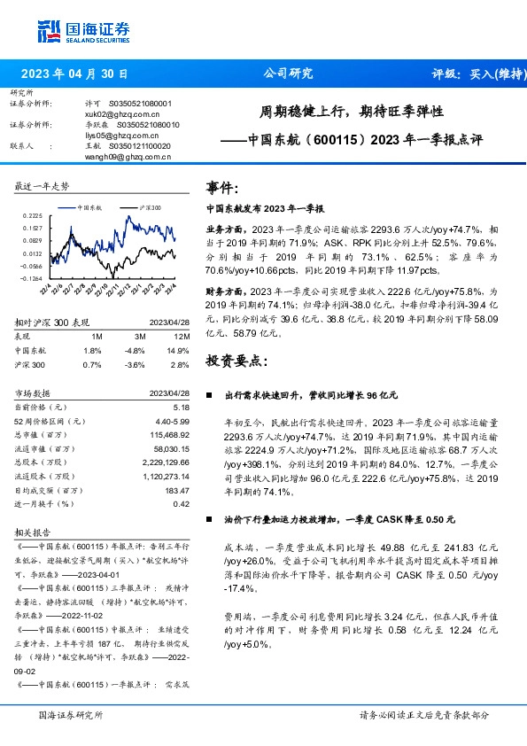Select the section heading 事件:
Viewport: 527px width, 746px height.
[x=222, y=188]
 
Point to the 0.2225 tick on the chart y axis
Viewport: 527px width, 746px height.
[x=32, y=215]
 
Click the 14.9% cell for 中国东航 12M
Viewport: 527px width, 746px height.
[x=178, y=350]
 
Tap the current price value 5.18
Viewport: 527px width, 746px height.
[x=182, y=406]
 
